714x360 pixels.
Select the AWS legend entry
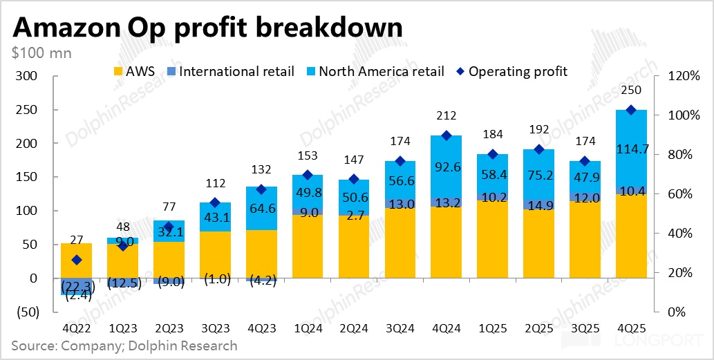(138, 71)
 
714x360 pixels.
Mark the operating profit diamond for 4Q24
(447, 136)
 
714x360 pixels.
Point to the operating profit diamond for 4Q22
(77, 260)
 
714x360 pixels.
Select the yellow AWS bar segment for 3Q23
(216, 254)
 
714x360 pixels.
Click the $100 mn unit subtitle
(41, 53)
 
